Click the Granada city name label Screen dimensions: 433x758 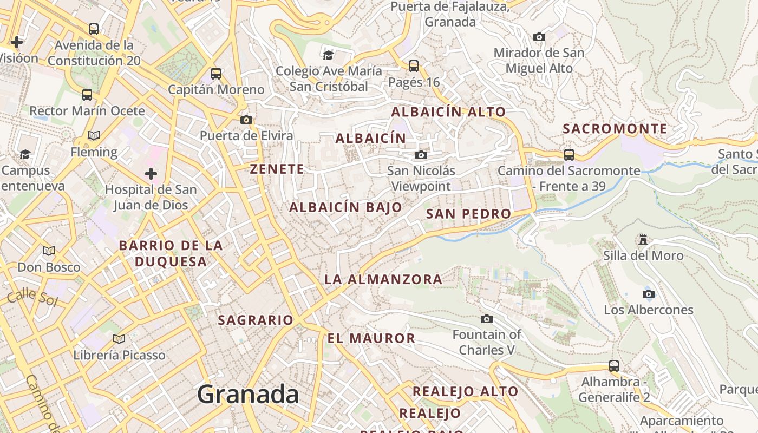click(x=247, y=394)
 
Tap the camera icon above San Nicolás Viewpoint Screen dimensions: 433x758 click(x=421, y=155)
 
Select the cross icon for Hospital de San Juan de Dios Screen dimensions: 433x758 click(x=151, y=174)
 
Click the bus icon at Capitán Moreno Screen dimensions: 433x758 click(x=216, y=74)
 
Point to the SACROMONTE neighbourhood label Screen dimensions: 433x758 click(x=615, y=129)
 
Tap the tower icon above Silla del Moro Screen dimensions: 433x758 click(x=643, y=239)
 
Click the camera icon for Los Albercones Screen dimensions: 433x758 click(x=648, y=294)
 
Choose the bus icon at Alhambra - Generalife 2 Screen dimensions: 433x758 click(x=613, y=366)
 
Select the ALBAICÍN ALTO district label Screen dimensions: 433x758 click(x=448, y=112)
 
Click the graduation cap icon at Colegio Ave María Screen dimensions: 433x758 click(x=328, y=55)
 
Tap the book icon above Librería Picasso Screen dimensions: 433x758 click(x=119, y=339)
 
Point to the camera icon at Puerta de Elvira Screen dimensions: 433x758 click(x=246, y=120)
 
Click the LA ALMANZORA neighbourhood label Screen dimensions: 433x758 click(x=383, y=279)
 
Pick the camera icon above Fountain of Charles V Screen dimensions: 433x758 click(x=487, y=319)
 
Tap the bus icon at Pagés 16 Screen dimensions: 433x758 click(x=414, y=66)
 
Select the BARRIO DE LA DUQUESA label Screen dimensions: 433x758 click(x=171, y=253)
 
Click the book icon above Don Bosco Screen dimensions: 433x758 click(x=49, y=251)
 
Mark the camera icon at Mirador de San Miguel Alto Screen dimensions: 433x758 click(x=539, y=37)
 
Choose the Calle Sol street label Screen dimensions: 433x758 click(x=32, y=297)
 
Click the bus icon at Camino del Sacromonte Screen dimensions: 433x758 click(x=568, y=154)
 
